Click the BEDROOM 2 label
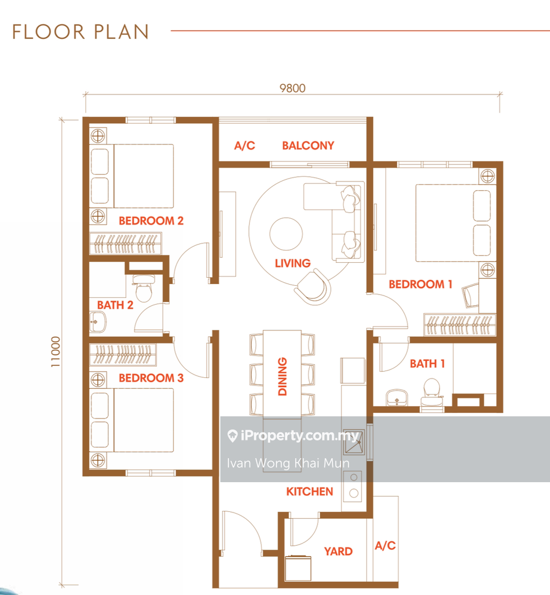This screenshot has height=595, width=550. pos(151,220)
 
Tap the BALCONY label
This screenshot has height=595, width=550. pos(308,145)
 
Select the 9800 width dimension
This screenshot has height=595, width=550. pos(292,88)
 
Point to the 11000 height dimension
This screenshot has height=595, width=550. pos(56,352)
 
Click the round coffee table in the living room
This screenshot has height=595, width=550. pos(286,234)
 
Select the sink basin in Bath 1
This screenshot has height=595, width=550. pos(397,397)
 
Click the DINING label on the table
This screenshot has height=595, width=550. pos(282,376)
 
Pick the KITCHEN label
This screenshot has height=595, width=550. pos(310,491)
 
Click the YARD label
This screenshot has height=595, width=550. pos(338,551)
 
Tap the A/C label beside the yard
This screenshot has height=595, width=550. pos(385,546)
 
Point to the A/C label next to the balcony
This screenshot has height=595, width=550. pos(244,145)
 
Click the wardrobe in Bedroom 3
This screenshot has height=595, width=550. pos(123,355)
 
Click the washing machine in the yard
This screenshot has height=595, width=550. pos(298,568)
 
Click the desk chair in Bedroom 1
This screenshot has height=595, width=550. pos(470,295)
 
